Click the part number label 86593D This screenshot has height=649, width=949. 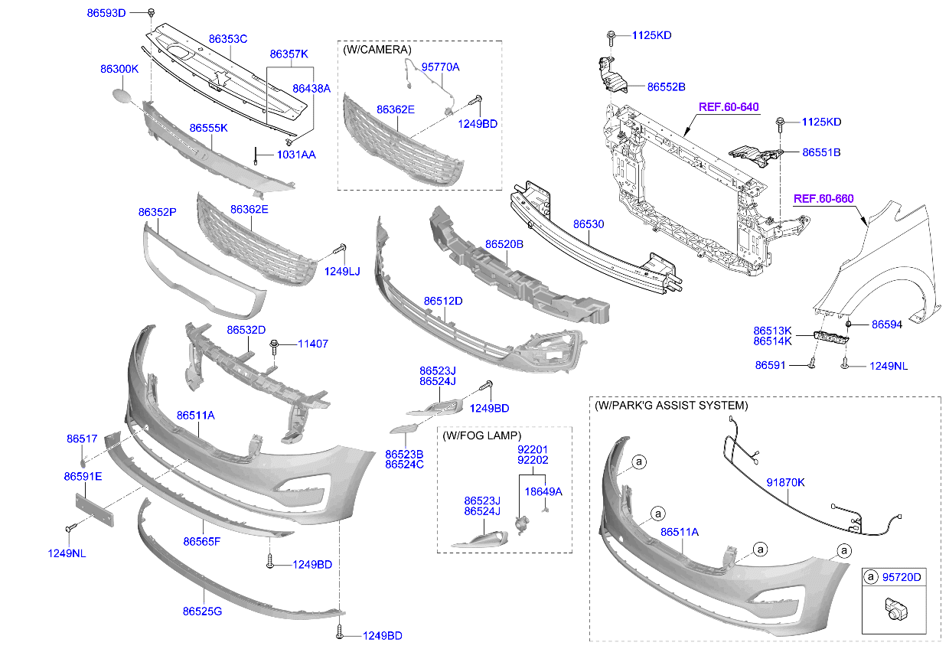[x=105, y=13]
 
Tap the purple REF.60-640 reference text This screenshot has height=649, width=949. [x=728, y=106]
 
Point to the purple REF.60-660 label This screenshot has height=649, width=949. [x=823, y=198]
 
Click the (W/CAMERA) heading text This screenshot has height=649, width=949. [x=377, y=49]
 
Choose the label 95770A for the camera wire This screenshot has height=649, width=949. [x=441, y=67]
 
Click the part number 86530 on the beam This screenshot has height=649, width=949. [x=589, y=225]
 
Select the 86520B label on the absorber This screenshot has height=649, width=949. [x=504, y=244]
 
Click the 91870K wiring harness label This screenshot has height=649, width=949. [x=785, y=482]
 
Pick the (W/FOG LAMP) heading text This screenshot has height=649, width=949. [x=481, y=435]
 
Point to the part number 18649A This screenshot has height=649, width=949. [x=543, y=491]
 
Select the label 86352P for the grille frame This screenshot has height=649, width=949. [x=157, y=211]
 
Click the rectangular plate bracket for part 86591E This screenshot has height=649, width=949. [x=94, y=510]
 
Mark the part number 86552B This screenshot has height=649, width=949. [x=666, y=87]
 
